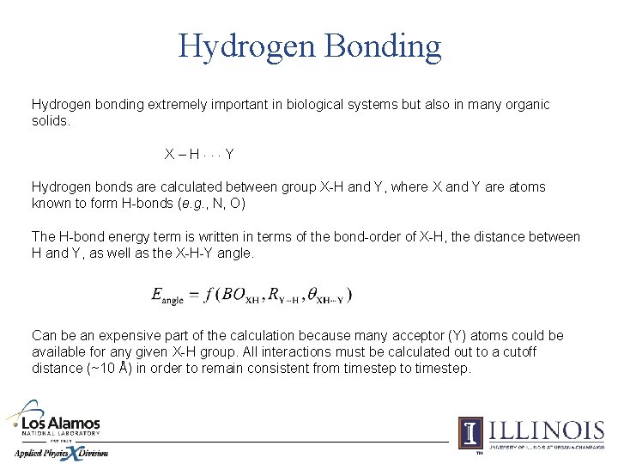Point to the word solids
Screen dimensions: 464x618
(51, 120)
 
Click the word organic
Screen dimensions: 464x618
(523, 104)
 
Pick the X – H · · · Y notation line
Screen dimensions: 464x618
(199, 154)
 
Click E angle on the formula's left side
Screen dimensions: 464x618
(167, 296)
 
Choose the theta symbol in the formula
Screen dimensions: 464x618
(321, 295)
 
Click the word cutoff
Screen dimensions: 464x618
(517, 351)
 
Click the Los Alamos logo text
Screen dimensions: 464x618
(60, 424)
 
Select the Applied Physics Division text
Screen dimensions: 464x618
(60, 453)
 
